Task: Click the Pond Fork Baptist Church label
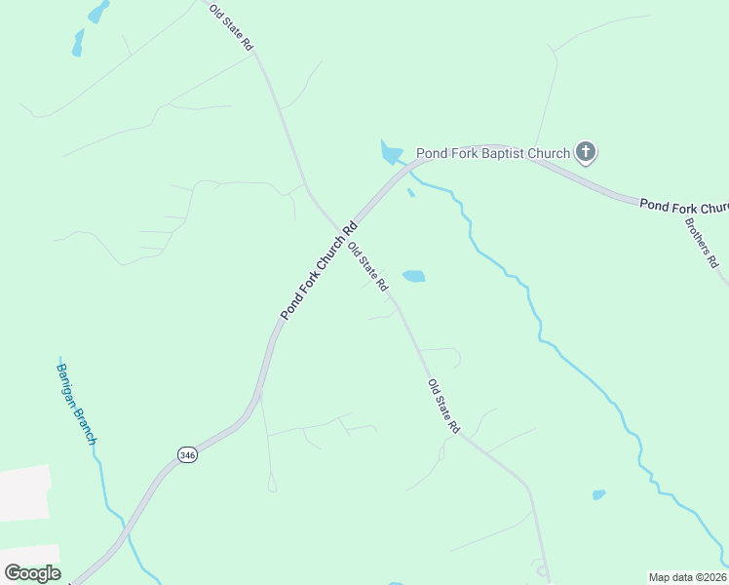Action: point(492,153)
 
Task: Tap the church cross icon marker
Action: point(585,151)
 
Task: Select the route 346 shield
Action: point(188,454)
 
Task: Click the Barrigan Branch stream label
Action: point(76,404)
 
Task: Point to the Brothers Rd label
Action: point(701,242)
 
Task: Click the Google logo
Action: point(32,573)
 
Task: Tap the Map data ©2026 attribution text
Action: point(687,577)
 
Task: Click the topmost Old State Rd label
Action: point(232,26)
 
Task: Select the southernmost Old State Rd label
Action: point(443,407)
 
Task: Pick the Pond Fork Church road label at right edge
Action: point(684,206)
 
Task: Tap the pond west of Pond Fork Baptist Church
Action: point(391,152)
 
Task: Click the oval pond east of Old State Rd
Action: point(414,276)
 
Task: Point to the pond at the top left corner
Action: point(98,12)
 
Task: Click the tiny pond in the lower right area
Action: point(598,495)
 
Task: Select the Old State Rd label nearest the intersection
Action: point(368,267)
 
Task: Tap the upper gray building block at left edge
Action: point(24,492)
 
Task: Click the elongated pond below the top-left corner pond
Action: point(78,41)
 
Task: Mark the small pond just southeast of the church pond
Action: point(410,192)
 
